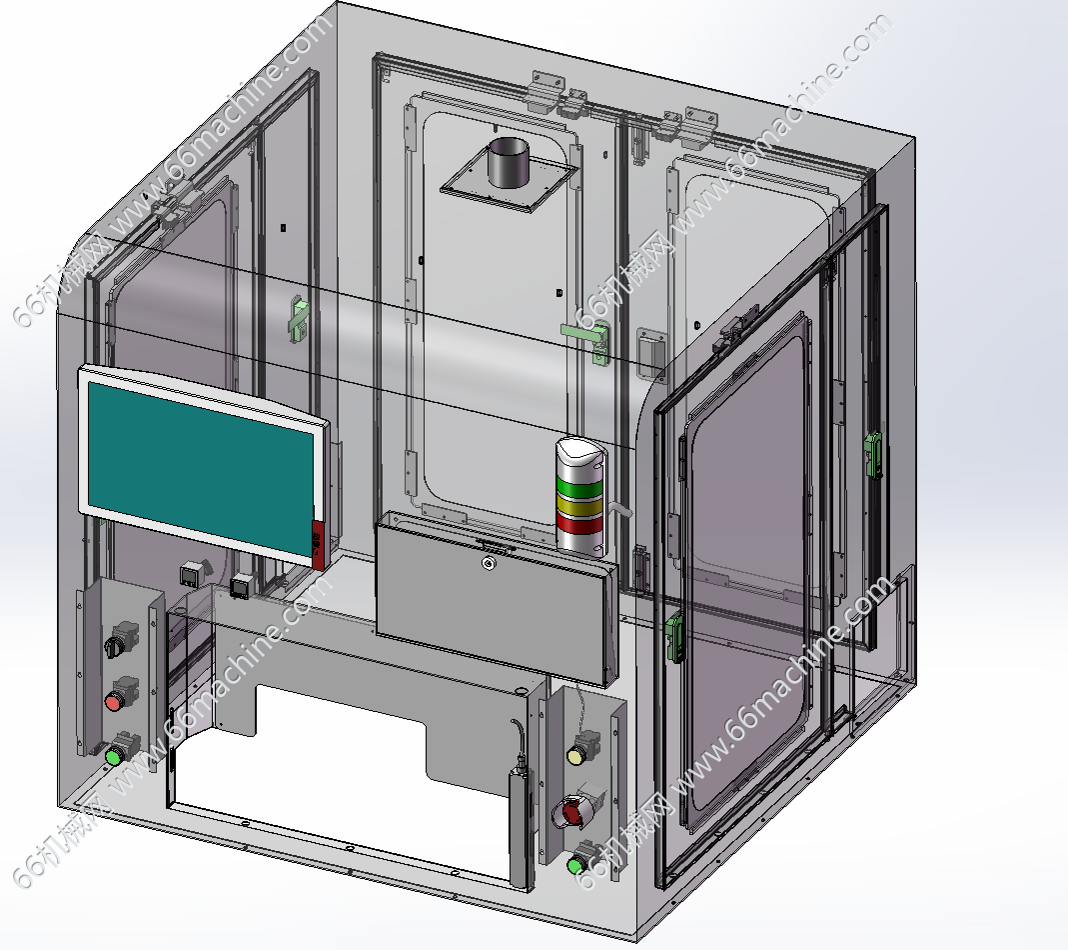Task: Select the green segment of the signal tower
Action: point(579,486)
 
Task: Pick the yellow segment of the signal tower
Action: point(580,505)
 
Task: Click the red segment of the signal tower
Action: point(580,524)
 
